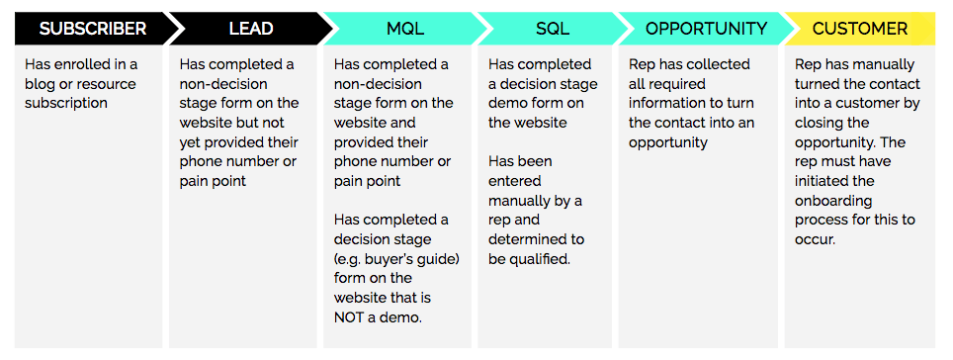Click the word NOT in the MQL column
[x=353, y=315]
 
